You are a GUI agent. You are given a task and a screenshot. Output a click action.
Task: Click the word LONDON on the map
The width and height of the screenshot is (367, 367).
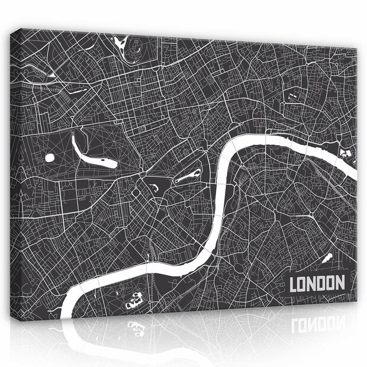(317, 282)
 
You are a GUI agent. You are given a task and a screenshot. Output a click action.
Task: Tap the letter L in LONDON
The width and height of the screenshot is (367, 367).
(294, 283)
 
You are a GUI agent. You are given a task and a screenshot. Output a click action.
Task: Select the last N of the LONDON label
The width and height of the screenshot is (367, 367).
(340, 283)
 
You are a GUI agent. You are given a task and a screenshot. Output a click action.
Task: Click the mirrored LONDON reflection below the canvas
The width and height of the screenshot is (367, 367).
(317, 324)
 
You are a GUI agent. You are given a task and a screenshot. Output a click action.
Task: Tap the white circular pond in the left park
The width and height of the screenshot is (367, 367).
(50, 157)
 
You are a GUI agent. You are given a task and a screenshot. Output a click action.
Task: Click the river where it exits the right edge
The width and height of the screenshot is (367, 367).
(352, 172)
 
